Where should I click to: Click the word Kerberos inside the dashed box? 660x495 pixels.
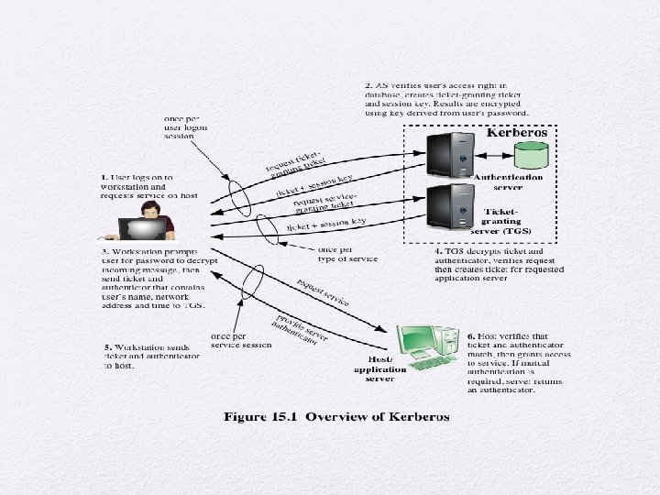point(518,133)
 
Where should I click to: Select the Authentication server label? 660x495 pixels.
point(509,181)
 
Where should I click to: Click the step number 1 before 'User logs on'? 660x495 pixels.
point(104,177)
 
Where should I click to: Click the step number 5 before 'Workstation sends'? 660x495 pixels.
point(107,348)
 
